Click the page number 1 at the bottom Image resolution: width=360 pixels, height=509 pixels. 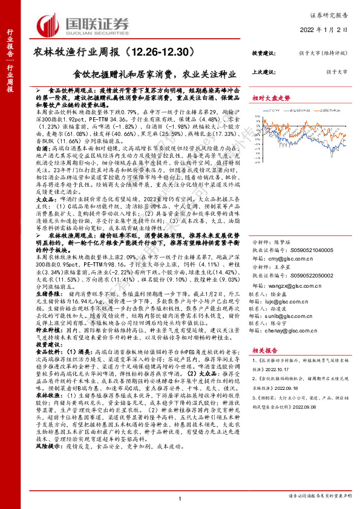coord(180,498)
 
